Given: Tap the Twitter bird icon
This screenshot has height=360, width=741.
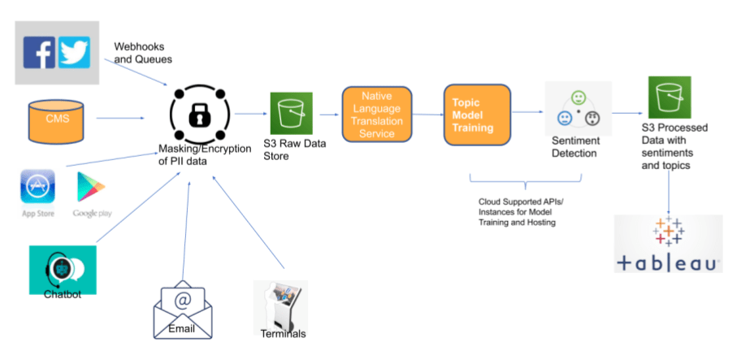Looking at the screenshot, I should pos(74,51).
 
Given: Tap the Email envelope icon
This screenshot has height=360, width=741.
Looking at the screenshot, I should pos(183,313).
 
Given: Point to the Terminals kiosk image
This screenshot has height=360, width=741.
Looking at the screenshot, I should pos(280,310).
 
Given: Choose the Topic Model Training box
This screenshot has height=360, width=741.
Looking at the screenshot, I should pos(477,115).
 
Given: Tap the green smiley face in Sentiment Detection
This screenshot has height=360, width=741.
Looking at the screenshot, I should pos(578,98).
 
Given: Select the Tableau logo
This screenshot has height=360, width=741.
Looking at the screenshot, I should pos(668,244).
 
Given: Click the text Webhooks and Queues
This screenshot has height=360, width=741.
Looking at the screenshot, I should pos(143,53).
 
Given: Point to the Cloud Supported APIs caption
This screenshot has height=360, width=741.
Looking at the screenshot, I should pos(517,210).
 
